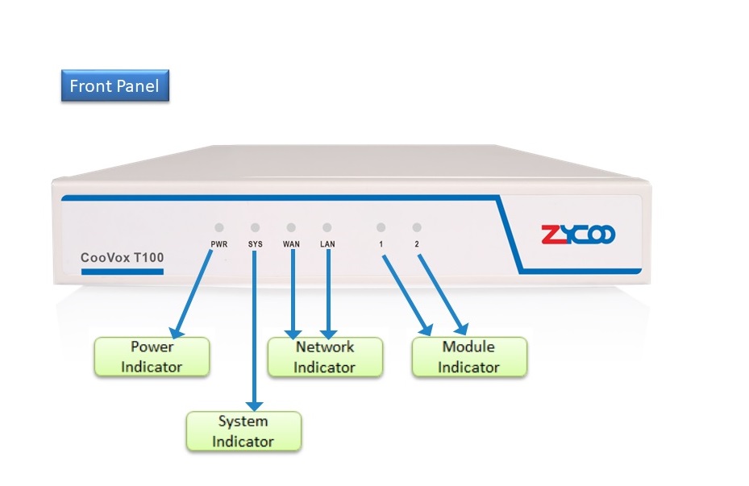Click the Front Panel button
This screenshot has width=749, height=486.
115,85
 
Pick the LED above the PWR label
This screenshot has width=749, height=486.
219,228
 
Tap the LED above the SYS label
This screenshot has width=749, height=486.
256,228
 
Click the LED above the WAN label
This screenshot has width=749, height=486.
291,228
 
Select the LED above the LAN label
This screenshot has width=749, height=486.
327,228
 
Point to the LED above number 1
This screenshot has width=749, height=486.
381,228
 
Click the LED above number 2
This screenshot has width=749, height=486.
417,228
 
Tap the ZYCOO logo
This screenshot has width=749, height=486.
578,235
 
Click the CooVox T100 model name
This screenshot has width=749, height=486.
123,258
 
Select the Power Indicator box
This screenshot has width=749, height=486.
152,356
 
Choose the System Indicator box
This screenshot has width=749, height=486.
243,430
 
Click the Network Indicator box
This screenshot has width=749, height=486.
324,356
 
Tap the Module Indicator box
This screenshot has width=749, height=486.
468,356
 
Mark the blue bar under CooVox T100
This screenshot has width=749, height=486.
123,272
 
